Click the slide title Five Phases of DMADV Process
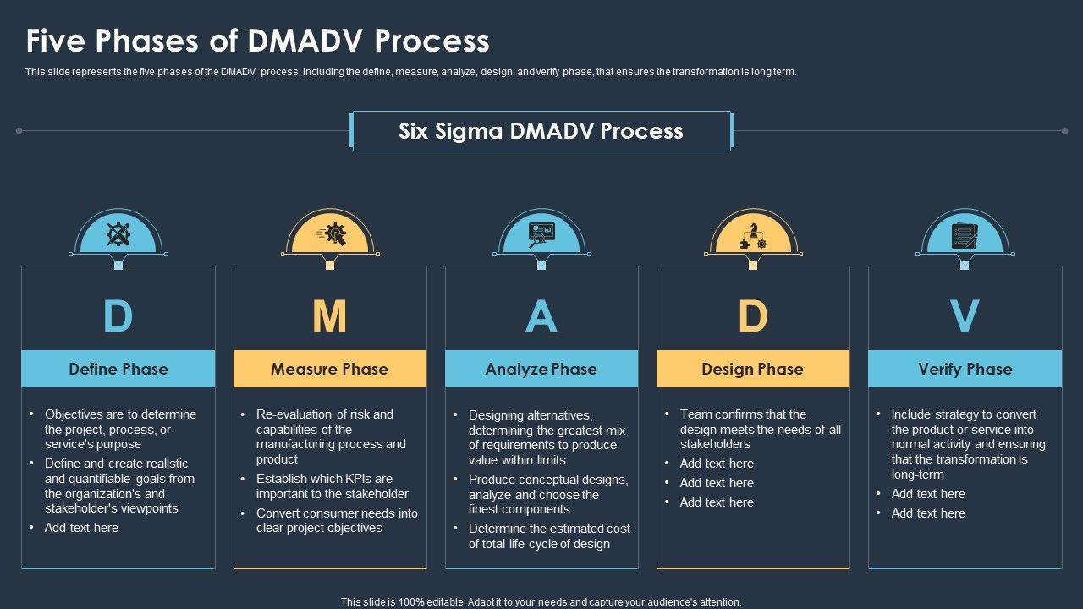tap(257, 41)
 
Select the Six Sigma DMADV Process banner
tap(541, 131)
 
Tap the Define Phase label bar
tap(118, 369)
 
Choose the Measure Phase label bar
tap(330, 369)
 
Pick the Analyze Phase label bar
tap(541, 369)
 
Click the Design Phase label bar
tap(753, 369)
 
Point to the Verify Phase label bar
tap(965, 369)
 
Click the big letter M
tap(330, 316)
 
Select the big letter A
tap(541, 316)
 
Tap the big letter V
tap(965, 316)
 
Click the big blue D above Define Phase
tap(118, 316)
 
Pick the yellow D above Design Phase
tap(753, 316)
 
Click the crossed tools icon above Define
tap(118, 233)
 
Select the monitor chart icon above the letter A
tap(541, 233)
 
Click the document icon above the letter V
tap(965, 233)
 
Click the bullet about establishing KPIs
tap(332, 486)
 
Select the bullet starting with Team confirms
tap(760, 429)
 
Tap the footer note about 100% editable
tap(541, 602)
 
